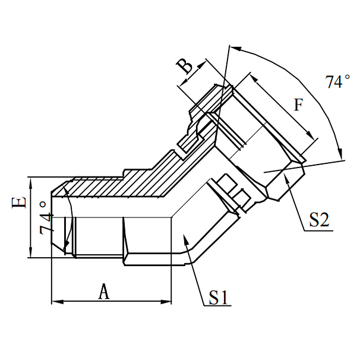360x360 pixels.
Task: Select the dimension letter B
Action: [x=187, y=66]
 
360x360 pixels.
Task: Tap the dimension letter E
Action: [x=20, y=203]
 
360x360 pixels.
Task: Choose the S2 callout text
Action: [x=319, y=220]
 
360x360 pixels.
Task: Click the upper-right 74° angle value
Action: [x=337, y=82]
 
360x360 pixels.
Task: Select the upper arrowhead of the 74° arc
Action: [x=234, y=47]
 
